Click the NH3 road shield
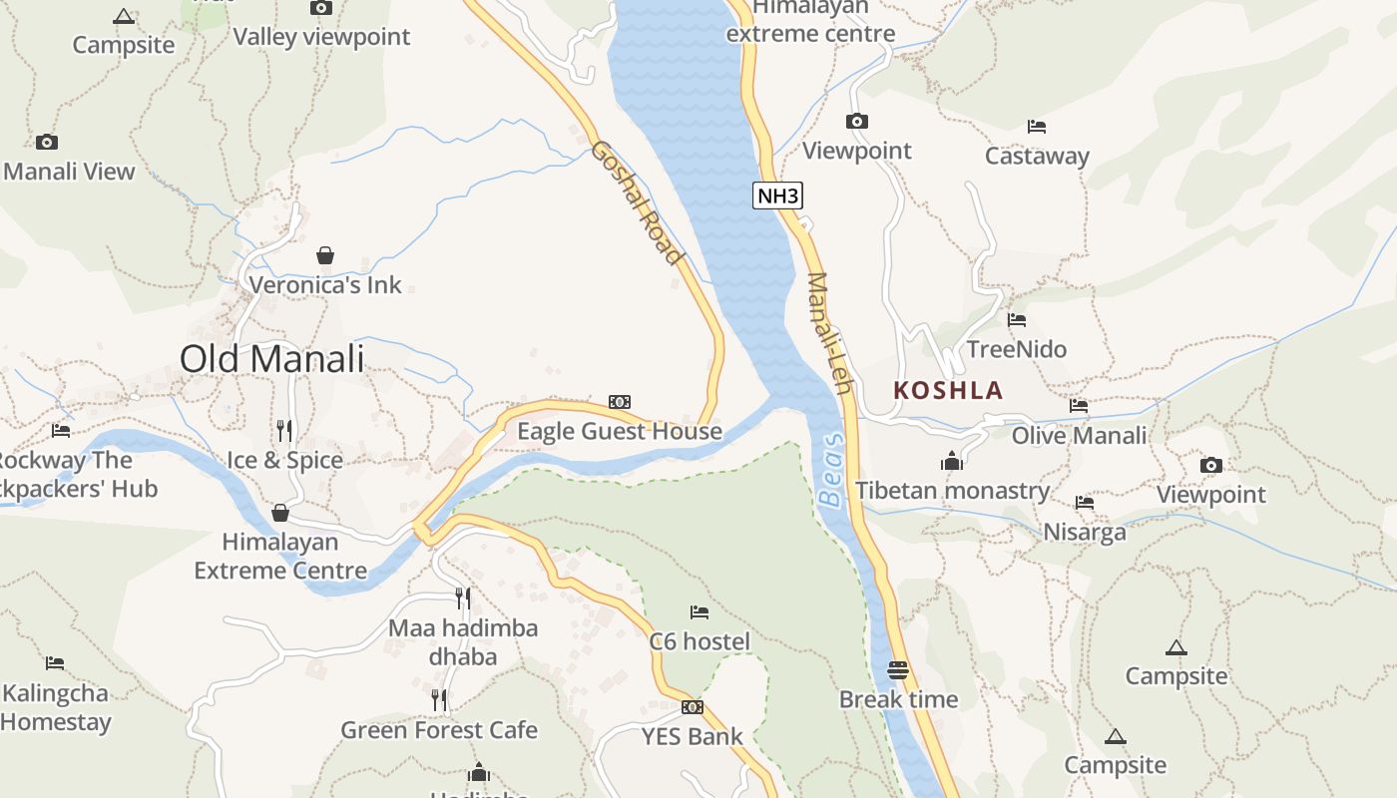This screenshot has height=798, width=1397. click(x=778, y=196)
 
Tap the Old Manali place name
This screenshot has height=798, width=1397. click(x=272, y=359)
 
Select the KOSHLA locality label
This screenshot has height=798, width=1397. click(x=948, y=390)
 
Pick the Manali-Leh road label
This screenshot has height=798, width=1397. click(x=830, y=332)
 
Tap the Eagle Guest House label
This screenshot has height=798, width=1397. click(x=619, y=431)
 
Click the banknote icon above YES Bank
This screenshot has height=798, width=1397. click(x=692, y=707)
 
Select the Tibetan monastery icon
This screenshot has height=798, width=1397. click(x=951, y=461)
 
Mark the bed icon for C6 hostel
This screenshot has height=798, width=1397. click(x=699, y=611)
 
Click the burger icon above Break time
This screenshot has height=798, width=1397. click(x=898, y=669)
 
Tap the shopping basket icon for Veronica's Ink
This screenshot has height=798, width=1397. click(x=324, y=255)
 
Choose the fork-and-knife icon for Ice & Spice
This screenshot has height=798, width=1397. click(x=284, y=430)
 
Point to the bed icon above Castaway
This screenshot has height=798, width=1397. click(x=1037, y=127)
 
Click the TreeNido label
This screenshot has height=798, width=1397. click(x=1017, y=349)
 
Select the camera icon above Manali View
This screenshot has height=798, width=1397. click(x=46, y=142)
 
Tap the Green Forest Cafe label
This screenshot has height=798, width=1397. click(x=439, y=730)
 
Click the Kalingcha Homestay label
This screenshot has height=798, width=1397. click(x=55, y=707)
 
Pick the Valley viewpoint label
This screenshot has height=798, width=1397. click(x=321, y=37)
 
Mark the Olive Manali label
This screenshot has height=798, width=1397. click(x=1079, y=436)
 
